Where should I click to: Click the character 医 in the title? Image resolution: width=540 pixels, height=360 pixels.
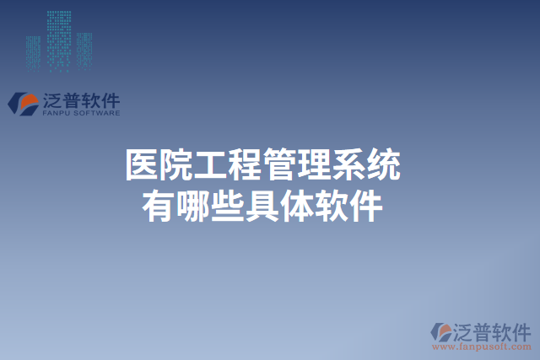pos(142,165)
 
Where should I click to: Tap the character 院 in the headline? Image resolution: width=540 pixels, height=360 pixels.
pos(177,165)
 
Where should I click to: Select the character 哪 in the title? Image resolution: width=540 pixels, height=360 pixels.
pos(194,205)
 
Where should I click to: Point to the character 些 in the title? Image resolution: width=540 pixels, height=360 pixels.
pos(229,205)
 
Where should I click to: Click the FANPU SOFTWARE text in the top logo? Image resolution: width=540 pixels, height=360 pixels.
pos(80,112)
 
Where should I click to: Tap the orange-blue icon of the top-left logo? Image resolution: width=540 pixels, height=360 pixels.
pos(23,103)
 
